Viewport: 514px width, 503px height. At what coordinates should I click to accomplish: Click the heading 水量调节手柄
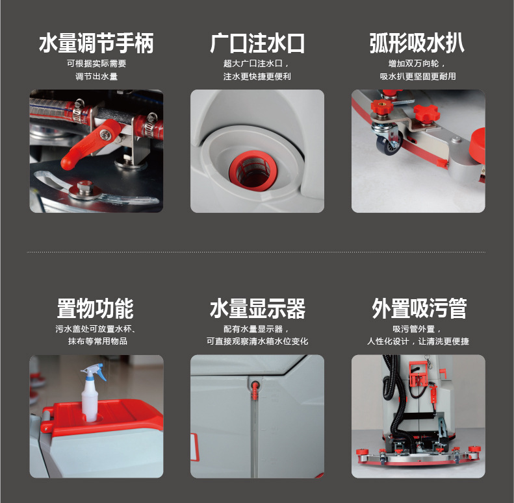coord(96,43)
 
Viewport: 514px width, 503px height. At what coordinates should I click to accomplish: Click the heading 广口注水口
coord(257,43)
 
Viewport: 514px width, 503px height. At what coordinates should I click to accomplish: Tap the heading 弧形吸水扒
coord(417,43)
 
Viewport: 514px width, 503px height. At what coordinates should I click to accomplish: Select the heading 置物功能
coord(96,308)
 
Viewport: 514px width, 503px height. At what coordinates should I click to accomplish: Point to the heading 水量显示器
coord(257,308)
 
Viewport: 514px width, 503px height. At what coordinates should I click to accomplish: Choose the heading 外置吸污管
coord(419,308)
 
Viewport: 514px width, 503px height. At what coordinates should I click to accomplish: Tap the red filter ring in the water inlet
coord(253,170)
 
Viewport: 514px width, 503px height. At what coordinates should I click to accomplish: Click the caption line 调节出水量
coord(96,77)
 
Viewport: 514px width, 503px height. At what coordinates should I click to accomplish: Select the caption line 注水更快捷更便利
coord(257,77)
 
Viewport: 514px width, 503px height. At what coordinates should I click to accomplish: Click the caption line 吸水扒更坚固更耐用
coord(418,77)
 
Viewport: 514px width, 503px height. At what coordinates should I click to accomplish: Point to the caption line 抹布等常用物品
coord(97,341)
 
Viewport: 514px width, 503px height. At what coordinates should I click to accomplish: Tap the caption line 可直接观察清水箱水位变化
coord(257,341)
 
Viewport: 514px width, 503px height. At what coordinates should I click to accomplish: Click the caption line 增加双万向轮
coord(414,64)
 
